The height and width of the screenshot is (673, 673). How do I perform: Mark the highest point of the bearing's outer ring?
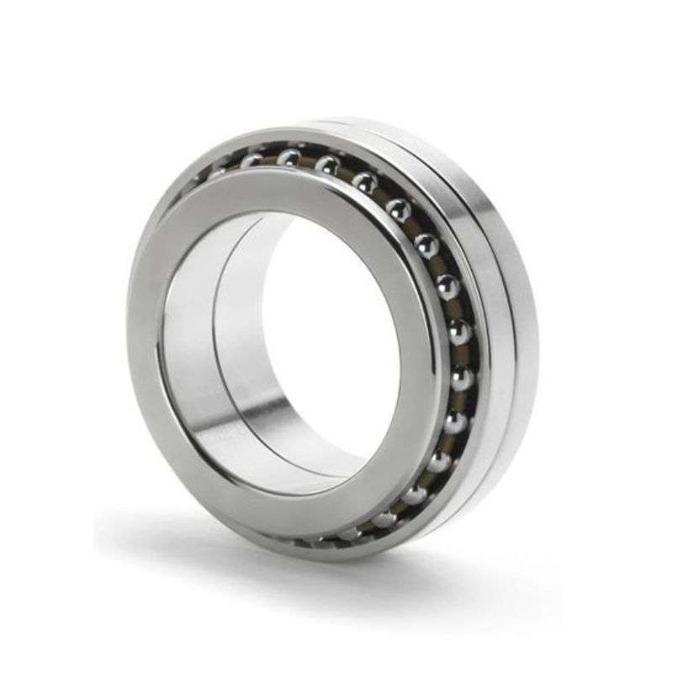point(336,119)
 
